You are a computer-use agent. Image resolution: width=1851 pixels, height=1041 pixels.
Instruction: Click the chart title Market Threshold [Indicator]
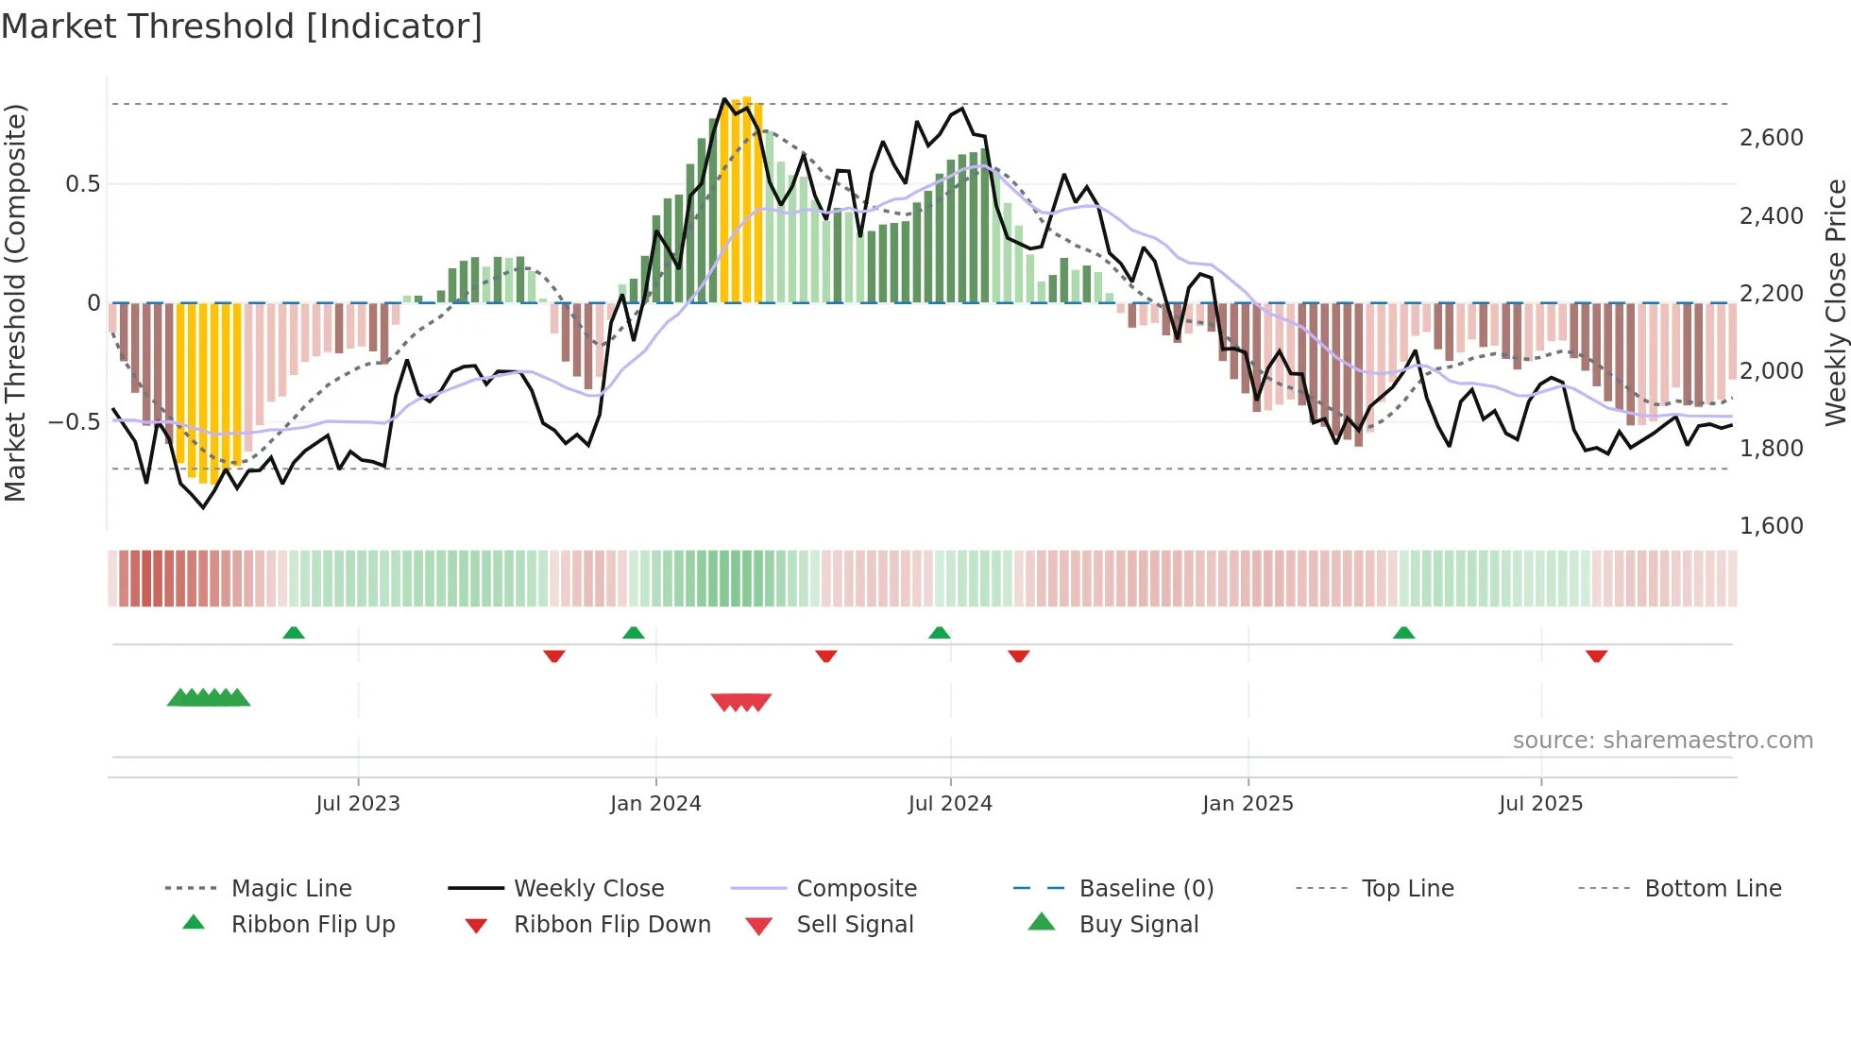[242, 26]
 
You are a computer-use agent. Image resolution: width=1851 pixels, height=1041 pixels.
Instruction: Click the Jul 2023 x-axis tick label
[358, 804]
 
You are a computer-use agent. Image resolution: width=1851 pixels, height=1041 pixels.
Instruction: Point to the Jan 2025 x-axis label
[1248, 804]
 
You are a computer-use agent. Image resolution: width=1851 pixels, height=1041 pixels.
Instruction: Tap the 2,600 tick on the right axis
[1771, 138]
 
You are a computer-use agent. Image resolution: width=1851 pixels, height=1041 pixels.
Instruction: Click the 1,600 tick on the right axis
[1771, 526]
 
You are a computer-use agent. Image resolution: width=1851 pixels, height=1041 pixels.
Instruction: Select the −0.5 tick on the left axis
[74, 422]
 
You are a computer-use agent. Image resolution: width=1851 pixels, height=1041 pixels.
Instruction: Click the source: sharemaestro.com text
[1662, 741]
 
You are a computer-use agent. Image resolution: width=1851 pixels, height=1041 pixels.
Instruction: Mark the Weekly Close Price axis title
[1835, 302]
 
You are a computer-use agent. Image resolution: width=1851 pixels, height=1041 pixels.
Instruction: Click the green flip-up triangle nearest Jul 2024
[939, 633]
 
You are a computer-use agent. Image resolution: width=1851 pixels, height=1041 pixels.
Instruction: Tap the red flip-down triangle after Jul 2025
[1596, 656]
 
